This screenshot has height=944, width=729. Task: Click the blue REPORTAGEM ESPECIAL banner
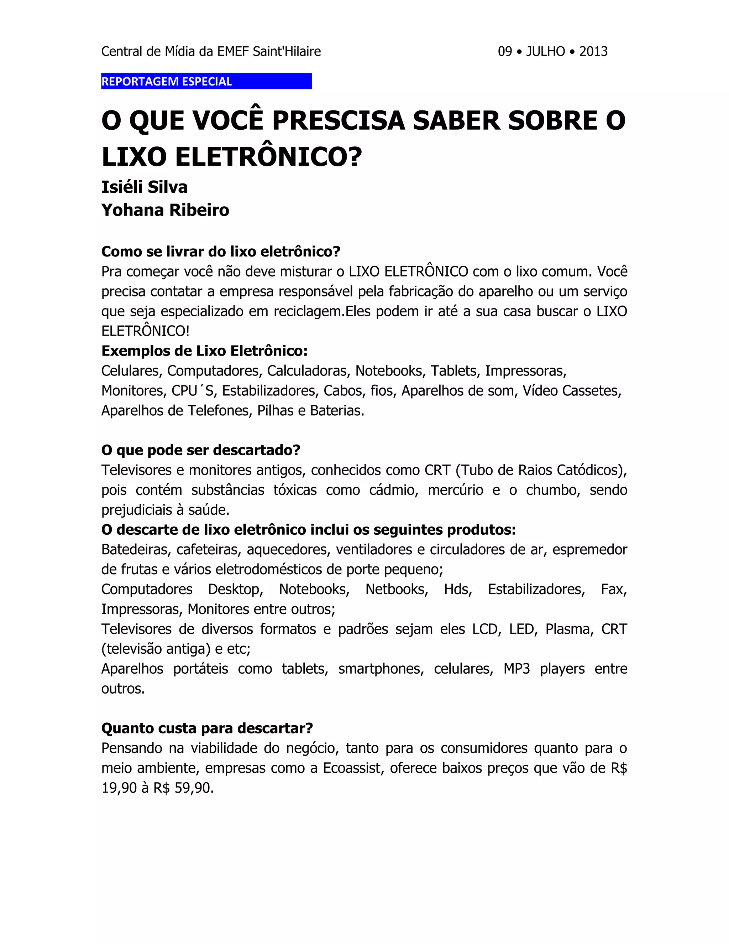click(206, 81)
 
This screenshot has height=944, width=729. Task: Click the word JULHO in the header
click(545, 51)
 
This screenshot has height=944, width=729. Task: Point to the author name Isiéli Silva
click(144, 187)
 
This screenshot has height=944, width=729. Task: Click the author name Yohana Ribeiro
click(165, 210)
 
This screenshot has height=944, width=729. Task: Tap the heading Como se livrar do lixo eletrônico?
click(221, 251)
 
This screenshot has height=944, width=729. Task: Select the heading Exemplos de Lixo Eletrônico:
click(204, 351)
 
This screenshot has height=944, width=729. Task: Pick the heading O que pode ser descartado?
click(200, 450)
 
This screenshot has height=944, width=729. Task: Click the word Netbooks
click(397, 589)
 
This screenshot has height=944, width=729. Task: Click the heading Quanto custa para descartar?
click(207, 728)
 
